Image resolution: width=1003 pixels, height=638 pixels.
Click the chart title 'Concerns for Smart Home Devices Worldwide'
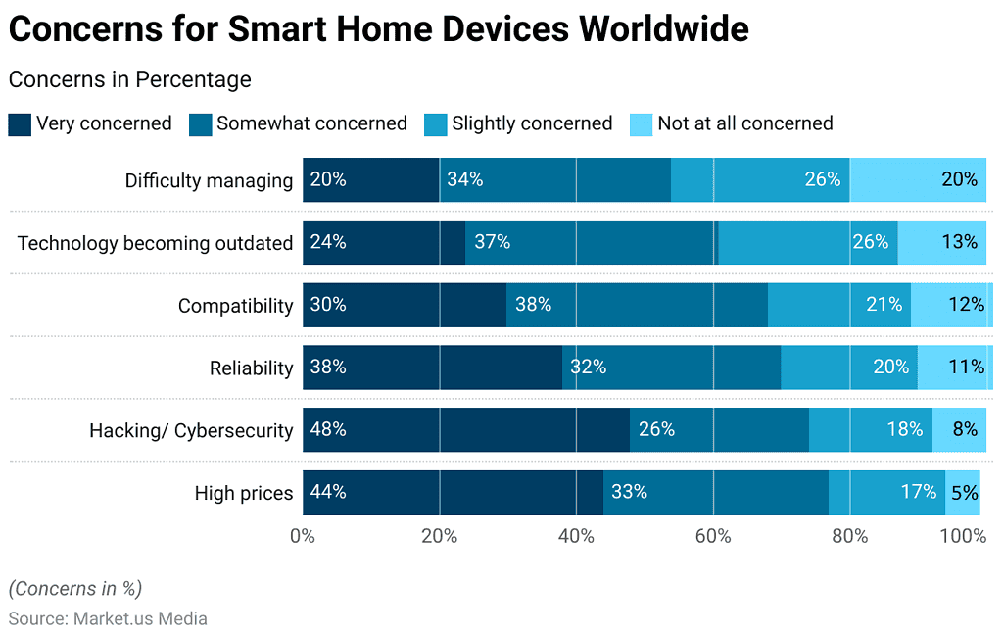(378, 29)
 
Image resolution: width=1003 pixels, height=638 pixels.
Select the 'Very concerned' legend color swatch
(20, 124)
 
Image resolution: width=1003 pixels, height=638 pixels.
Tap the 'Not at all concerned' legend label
(744, 123)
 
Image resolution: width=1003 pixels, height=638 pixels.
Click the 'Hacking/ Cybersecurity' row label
(191, 430)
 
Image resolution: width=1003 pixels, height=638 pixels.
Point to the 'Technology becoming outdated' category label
(155, 243)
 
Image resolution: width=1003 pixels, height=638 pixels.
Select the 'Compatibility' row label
(235, 306)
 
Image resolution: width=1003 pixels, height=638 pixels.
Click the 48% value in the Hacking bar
(328, 429)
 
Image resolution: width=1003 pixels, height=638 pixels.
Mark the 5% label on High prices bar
(964, 492)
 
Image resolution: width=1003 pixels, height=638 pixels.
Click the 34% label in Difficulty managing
(465, 179)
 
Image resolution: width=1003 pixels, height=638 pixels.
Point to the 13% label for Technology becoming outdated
(960, 242)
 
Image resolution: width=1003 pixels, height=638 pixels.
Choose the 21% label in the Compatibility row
(884, 305)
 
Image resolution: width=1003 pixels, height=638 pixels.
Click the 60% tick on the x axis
(713, 536)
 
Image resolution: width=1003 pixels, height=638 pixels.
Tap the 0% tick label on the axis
(303, 536)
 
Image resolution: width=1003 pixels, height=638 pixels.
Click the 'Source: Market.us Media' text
(108, 618)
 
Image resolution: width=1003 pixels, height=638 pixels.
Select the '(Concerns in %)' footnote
(75, 588)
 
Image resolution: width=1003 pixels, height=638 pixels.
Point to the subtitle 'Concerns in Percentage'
(129, 79)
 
